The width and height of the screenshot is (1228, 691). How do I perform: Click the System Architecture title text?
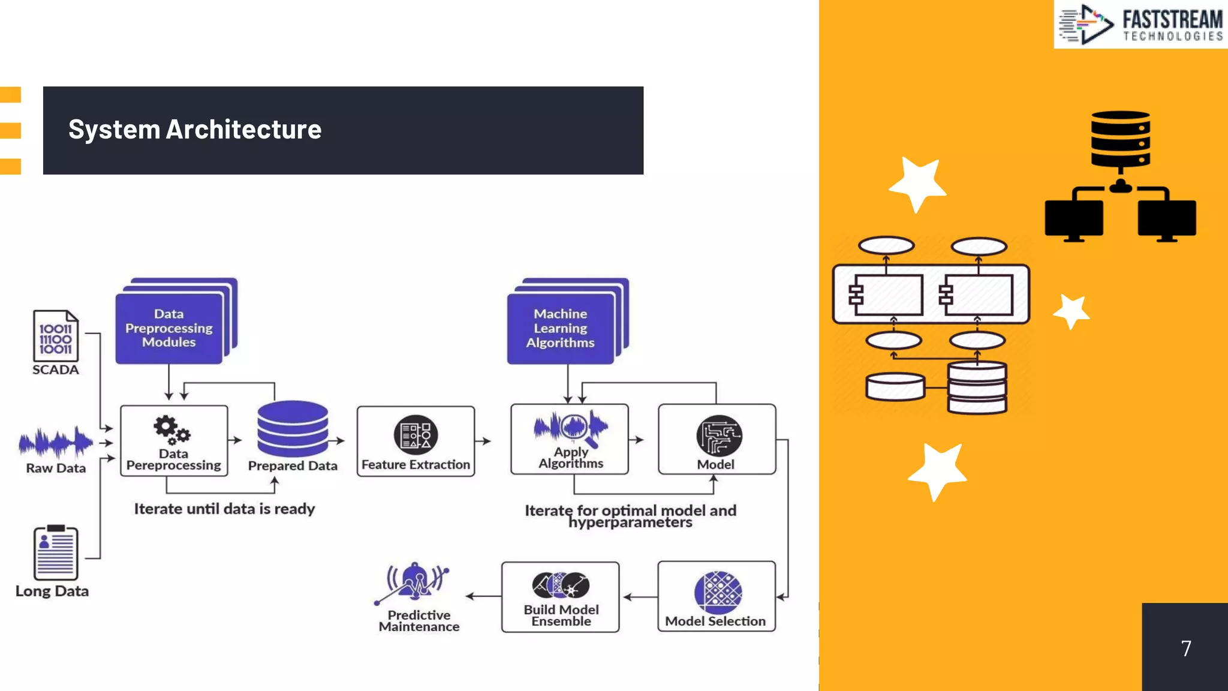click(195, 130)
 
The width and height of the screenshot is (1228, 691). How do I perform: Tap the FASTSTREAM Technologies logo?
click(1140, 25)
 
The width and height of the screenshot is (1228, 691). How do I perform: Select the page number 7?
click(1185, 648)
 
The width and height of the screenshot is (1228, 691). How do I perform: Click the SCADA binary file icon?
click(55, 336)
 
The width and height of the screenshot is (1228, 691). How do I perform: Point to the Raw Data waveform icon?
click(56, 443)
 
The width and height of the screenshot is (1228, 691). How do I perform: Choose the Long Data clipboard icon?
click(55, 552)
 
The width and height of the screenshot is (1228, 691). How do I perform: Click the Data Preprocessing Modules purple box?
click(169, 328)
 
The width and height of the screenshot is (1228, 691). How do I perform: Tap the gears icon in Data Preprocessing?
click(171, 429)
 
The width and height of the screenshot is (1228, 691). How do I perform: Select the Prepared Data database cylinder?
click(293, 429)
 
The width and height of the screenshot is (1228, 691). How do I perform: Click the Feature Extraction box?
click(416, 441)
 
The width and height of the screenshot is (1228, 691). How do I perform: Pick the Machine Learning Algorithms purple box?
click(561, 328)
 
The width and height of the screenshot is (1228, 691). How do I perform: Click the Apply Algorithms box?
click(570, 440)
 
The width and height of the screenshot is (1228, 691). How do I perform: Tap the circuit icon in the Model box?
click(719, 436)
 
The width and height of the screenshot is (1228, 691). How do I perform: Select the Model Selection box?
click(716, 596)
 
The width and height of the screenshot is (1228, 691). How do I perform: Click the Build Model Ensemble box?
click(561, 597)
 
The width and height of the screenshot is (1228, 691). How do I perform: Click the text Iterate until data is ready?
click(224, 509)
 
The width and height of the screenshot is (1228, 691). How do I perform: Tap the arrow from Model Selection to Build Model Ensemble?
click(639, 597)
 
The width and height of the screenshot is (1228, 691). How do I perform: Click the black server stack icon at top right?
click(1120, 139)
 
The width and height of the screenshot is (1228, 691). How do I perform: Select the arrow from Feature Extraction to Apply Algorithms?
click(483, 441)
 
